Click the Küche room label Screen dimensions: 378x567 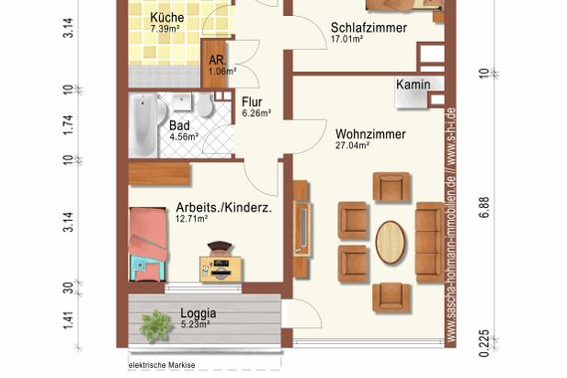pos(167,18)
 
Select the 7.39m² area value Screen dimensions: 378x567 pos(164,31)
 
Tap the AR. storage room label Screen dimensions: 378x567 pos(217,60)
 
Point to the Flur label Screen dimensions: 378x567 pos(252,100)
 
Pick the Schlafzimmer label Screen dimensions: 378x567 pos(369,28)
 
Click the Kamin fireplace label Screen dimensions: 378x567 pos(413,85)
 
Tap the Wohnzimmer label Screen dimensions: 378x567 pos(369,131)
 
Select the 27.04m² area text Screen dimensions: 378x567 pos(352,144)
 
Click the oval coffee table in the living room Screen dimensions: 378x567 pos(390,241)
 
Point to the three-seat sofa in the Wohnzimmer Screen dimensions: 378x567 pos(429,241)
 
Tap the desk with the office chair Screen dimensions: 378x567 pos(221,263)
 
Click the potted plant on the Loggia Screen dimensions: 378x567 pos(154,323)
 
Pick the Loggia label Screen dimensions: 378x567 pos(198,312)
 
